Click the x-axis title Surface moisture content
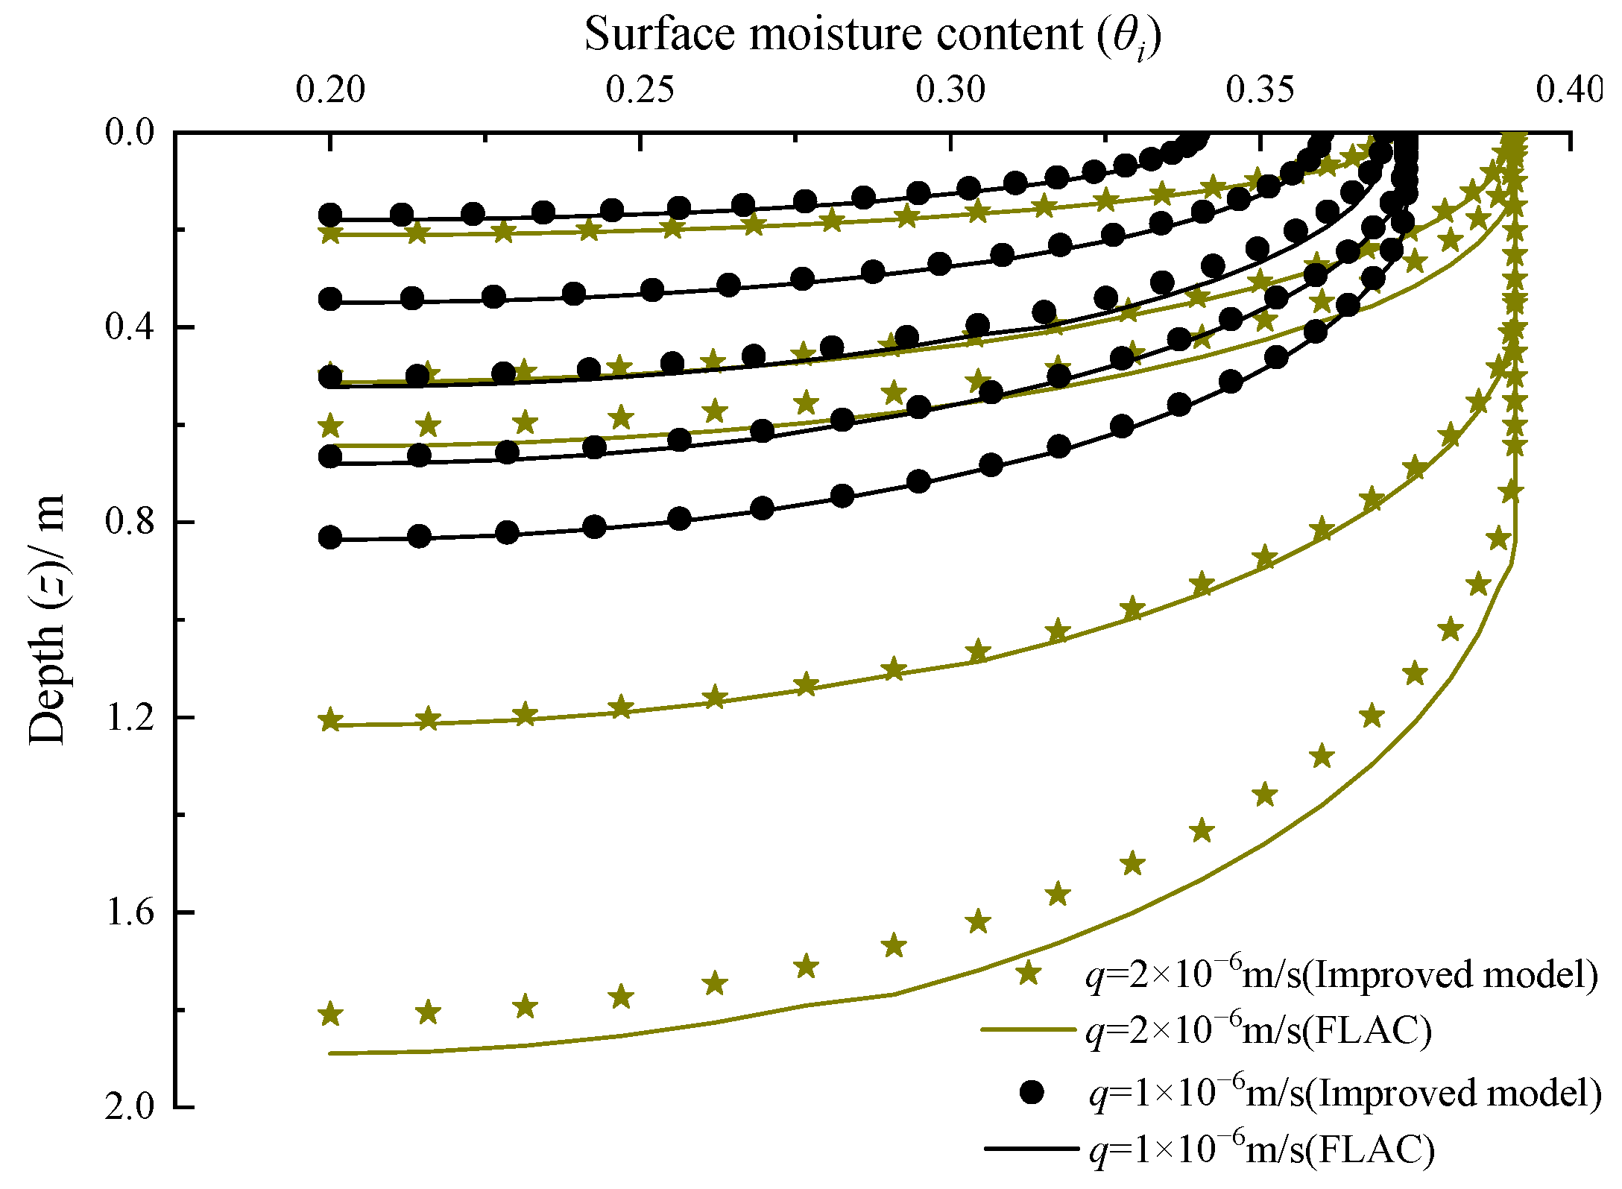tap(872, 36)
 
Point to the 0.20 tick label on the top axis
tap(330, 90)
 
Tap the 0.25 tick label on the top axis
tap(640, 90)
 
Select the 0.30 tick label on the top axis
tap(950, 90)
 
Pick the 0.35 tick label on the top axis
tap(1260, 90)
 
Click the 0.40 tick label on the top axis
tap(1569, 90)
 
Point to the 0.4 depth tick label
tap(129, 327)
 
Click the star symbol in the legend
tap(1029, 973)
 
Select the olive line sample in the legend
tap(1029, 1030)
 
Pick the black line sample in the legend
tap(1031, 1149)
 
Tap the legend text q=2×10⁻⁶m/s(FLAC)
tap(1259, 1030)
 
